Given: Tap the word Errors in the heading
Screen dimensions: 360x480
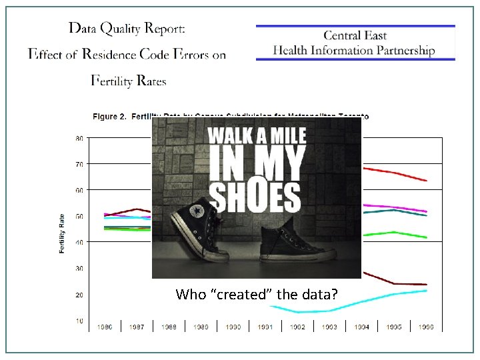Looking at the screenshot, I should click(x=191, y=55).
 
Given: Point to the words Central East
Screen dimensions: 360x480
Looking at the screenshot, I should click(x=355, y=35).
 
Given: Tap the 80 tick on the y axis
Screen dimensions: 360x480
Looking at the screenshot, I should click(x=79, y=139).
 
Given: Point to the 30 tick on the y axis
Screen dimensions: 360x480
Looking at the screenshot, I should click(x=79, y=269).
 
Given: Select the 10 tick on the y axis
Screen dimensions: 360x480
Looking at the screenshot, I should click(x=79, y=321).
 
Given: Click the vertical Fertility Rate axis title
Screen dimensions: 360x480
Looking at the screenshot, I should click(x=62, y=233).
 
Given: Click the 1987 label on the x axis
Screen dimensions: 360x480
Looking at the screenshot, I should click(x=136, y=327).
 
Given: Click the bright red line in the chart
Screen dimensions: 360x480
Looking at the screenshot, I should click(x=400, y=174).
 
